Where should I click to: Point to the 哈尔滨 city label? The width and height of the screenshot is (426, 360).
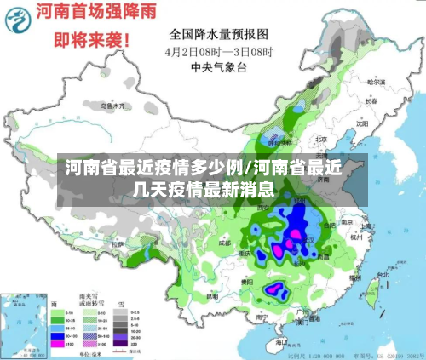pos(377,83)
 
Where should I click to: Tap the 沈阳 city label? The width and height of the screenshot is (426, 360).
pos(363,123)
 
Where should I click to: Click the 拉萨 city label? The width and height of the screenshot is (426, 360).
pos(118,244)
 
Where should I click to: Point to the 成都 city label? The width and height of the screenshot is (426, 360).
pos(224,243)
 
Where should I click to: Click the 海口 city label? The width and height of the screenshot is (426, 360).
pos(281,340)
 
